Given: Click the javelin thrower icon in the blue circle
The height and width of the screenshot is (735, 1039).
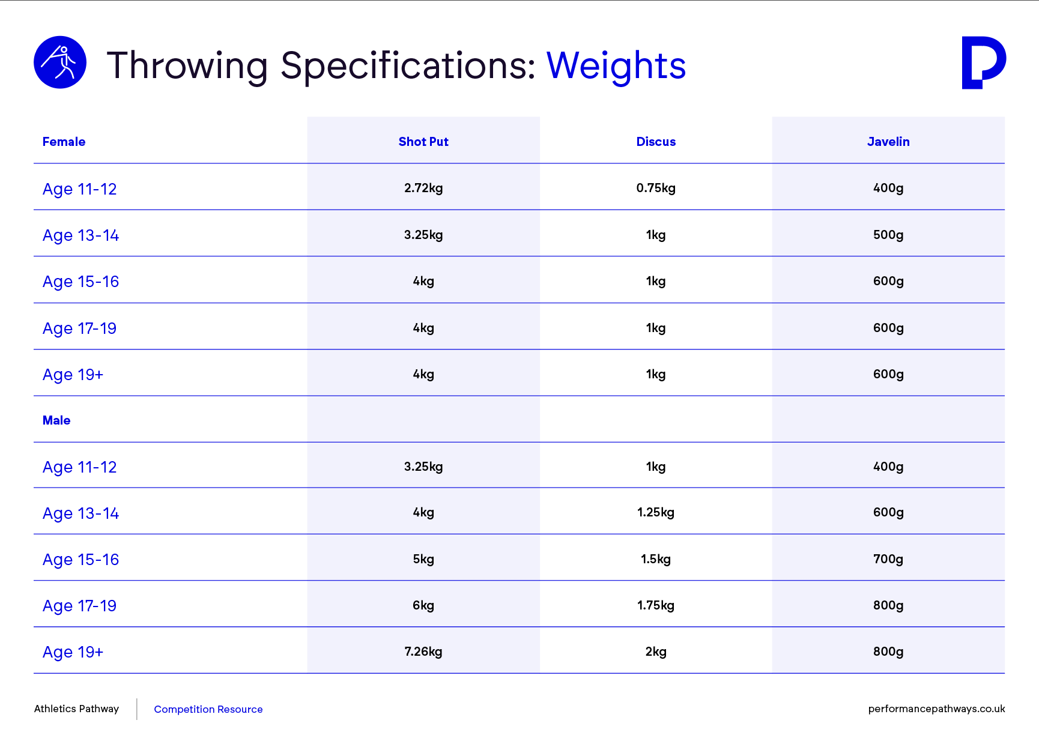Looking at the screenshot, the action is point(60,62).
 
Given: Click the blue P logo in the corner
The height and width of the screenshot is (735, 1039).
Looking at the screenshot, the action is point(984,62).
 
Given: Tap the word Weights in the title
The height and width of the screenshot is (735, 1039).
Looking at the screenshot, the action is point(616,65).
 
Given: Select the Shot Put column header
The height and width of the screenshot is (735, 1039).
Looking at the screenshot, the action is point(423,142).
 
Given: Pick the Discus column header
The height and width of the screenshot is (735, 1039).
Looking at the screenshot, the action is point(656,142).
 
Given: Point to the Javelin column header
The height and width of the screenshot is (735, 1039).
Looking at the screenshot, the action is point(888,142).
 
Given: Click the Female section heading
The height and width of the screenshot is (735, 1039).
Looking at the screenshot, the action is point(64,142).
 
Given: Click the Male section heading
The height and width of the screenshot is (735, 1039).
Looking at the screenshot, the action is point(56,420).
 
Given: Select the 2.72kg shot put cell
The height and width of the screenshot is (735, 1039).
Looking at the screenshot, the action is point(423,188).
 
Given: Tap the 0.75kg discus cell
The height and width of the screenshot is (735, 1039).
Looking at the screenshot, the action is point(656,188).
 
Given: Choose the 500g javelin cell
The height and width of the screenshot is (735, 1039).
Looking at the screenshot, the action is point(888,235).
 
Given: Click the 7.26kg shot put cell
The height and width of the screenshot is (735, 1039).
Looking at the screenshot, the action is point(423,652).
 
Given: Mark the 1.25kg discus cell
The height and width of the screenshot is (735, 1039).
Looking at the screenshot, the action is point(656,512).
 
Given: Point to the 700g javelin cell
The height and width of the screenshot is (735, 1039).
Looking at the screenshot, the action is point(888,559).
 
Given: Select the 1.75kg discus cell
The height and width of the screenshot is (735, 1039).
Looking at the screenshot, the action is point(656,605).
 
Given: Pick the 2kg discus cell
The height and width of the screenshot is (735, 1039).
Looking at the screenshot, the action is point(656,652).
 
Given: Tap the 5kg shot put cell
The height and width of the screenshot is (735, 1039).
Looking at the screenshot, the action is point(423,559).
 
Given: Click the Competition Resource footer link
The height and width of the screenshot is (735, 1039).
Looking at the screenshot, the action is point(208,709).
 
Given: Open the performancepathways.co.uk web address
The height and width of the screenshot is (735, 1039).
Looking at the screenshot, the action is point(936,709).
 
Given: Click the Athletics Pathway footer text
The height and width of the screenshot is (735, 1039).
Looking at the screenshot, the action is point(76,709).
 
